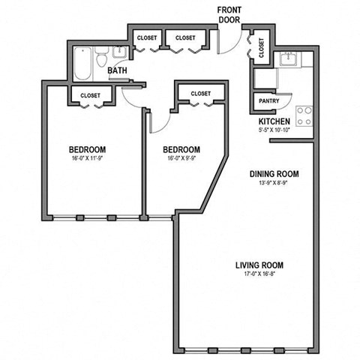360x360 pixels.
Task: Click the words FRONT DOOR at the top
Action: pos(229,14)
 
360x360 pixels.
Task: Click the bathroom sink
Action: pos(119,53)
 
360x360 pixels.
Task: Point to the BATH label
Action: pos(118,71)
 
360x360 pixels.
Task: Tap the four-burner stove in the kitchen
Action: pos(304,115)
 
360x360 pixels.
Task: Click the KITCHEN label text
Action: pos(274,121)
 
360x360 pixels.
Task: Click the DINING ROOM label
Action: pos(274,174)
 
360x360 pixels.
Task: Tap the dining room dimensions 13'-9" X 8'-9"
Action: pos(274,184)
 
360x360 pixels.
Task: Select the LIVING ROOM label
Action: pos(259,265)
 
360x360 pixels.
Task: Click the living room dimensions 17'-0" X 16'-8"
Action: pos(259,275)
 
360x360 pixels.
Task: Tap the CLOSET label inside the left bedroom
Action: pos(91,95)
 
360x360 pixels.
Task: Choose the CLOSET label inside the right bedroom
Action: pos(201,94)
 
